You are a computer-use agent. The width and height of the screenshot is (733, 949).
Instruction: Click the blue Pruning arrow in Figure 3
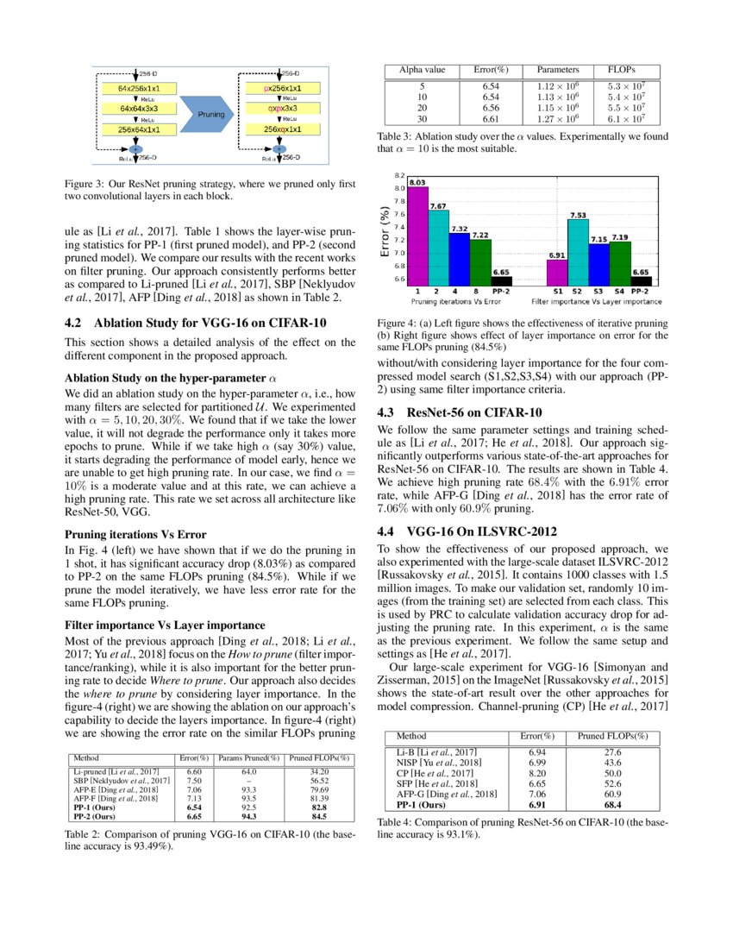pos(210,113)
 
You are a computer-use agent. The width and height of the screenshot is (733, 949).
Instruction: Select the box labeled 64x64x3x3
pos(139,109)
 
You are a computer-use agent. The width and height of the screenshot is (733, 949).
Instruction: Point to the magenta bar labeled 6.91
pos(557,271)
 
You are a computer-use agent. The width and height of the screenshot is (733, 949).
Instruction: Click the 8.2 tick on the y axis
pos(399,175)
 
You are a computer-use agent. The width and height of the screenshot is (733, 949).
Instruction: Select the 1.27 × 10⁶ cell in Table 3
pos(557,119)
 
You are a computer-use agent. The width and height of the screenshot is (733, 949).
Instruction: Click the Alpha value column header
pos(422,69)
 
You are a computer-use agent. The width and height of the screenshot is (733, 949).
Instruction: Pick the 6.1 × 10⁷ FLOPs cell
pos(627,119)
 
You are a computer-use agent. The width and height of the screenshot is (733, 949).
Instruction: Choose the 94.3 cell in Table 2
pos(249,814)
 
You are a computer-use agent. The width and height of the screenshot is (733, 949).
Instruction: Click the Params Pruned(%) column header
pos(249,758)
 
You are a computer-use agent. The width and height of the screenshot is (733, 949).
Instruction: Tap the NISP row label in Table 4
pos(431,762)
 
